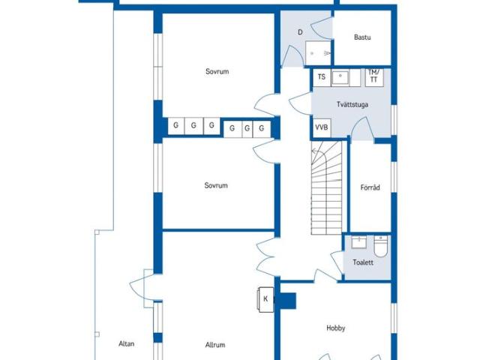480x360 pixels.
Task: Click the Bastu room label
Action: [x=362, y=37]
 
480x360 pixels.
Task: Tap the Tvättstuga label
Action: [x=352, y=104]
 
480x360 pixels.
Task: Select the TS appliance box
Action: [x=322, y=77]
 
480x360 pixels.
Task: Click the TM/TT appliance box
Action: [x=374, y=77]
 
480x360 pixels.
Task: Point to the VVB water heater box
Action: [x=322, y=127]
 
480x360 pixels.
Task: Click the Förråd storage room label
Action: [x=370, y=187]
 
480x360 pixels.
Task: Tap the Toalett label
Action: [x=363, y=262]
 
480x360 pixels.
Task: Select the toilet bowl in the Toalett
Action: [x=381, y=247]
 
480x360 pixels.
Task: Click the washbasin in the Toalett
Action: [x=358, y=242]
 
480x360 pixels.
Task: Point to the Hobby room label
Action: [x=336, y=328]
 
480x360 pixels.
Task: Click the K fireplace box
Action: [x=265, y=299]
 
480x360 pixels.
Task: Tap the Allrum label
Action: [x=215, y=345]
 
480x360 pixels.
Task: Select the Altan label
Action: [x=127, y=343]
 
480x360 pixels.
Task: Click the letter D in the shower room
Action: [x=300, y=32]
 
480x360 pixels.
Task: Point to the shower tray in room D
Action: [x=318, y=53]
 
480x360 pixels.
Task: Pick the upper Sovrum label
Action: [x=217, y=72]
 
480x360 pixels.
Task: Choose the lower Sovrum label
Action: [x=216, y=185]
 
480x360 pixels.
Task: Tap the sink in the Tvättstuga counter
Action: [x=340, y=77]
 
